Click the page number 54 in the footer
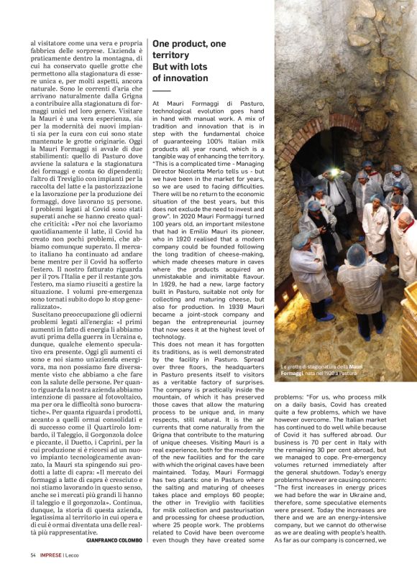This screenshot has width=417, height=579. pyautogui.click(x=33, y=555)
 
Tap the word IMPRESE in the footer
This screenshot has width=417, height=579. pyautogui.click(x=51, y=555)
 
